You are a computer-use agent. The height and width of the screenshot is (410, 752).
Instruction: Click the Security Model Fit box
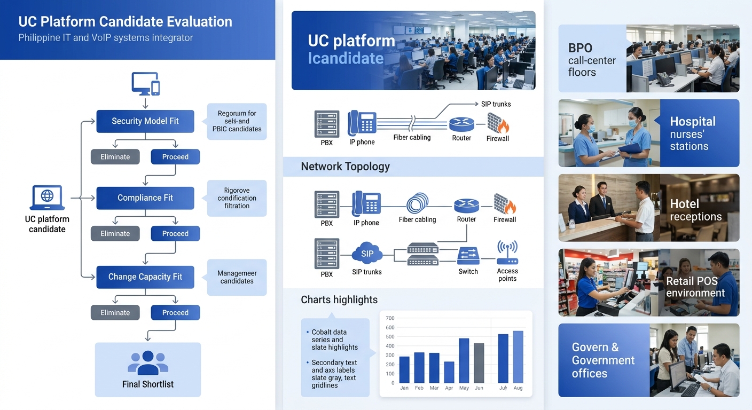[x=145, y=121]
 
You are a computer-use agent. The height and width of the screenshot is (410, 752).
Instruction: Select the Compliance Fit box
[x=145, y=198]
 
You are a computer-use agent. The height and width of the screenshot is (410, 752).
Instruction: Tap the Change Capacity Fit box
[x=145, y=277]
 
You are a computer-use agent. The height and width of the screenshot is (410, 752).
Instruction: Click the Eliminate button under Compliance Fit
[x=115, y=233]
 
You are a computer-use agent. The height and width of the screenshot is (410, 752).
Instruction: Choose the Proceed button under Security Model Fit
[x=175, y=156]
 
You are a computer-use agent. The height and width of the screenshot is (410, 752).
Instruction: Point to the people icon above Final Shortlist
[x=148, y=362]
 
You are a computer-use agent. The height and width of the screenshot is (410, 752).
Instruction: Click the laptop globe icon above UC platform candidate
[x=47, y=198]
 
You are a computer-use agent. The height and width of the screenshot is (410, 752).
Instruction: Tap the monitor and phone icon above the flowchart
[x=145, y=84]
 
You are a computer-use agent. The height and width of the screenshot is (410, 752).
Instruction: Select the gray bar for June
[x=479, y=363]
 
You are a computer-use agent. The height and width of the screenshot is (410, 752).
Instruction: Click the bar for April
[x=449, y=372]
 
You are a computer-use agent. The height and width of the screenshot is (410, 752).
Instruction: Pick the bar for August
[x=518, y=357]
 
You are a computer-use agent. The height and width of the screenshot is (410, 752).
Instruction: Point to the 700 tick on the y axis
[x=390, y=318]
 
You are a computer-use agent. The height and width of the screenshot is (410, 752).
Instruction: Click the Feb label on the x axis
[x=419, y=388]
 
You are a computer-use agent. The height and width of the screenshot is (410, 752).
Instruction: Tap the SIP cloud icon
[x=367, y=254]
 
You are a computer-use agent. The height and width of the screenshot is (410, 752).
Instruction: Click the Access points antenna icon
[x=507, y=253]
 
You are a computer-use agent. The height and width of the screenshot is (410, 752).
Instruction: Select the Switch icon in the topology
[x=468, y=256]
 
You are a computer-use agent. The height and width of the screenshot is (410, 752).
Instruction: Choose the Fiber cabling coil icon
[x=417, y=203]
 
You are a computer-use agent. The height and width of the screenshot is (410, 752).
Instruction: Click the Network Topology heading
[x=345, y=167]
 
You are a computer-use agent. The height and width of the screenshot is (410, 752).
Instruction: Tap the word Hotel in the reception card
[x=684, y=204]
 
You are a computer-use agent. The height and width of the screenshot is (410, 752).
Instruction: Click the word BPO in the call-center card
[x=580, y=48]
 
